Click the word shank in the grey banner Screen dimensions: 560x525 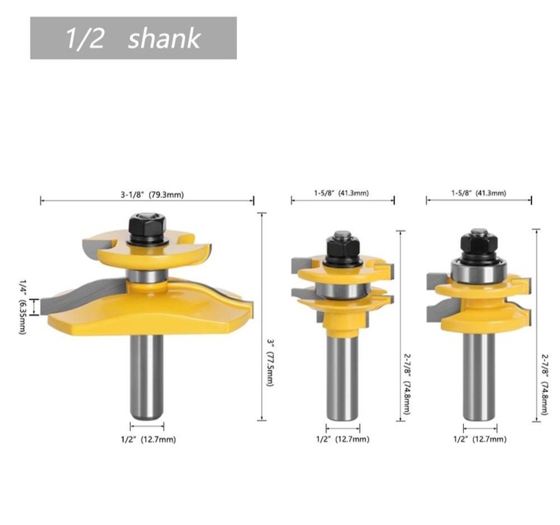click(x=164, y=38)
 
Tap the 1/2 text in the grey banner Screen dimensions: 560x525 click(x=85, y=38)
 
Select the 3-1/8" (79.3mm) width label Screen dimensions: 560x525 click(x=152, y=195)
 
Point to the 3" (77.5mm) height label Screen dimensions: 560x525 click(x=270, y=362)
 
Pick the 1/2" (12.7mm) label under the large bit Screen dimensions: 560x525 click(x=148, y=439)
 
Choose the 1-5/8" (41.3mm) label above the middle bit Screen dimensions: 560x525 click(x=342, y=193)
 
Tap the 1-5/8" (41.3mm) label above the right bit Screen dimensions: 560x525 click(x=479, y=193)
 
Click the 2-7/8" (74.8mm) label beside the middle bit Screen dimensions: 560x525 click(x=407, y=383)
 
